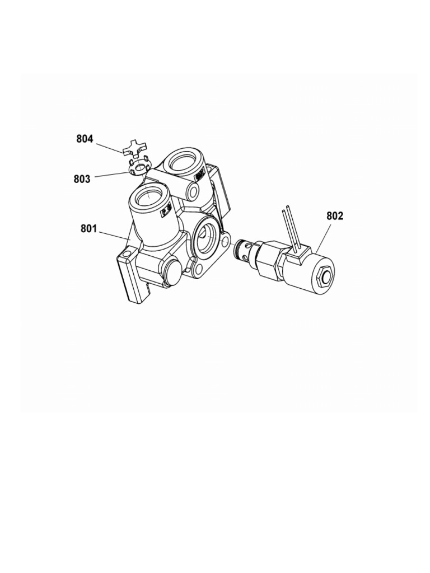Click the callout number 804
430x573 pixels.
[x=85, y=139]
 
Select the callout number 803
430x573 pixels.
[x=82, y=179]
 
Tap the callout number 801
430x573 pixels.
[x=89, y=229]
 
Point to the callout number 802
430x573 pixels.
[x=335, y=216]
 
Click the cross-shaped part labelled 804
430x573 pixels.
[x=134, y=147]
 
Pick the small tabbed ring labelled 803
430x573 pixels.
[x=139, y=166]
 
